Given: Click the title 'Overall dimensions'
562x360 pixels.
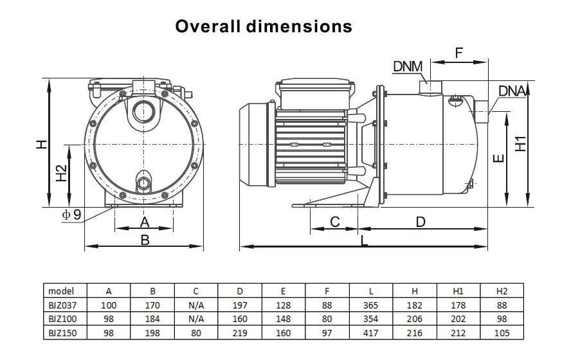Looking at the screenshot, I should (x=264, y=26).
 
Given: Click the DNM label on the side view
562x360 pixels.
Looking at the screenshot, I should (x=408, y=67).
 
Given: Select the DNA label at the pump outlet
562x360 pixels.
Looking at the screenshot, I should (x=512, y=91).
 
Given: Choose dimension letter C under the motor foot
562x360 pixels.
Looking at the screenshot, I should (x=334, y=222).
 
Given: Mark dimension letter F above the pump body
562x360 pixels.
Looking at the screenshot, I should (x=459, y=53).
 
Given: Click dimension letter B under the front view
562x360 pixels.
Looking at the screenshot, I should (x=145, y=240).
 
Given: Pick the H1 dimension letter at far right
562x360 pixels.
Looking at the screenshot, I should (x=521, y=143).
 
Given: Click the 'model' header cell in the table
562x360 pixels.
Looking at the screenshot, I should (x=61, y=291).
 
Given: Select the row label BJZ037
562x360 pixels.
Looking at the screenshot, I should (x=62, y=305).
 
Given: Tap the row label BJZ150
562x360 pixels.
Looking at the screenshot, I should (x=62, y=332).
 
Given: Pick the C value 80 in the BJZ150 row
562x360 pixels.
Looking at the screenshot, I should (x=196, y=332).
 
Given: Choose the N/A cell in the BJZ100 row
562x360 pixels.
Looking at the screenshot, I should (x=196, y=319).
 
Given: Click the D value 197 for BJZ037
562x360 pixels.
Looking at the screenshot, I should (x=240, y=305).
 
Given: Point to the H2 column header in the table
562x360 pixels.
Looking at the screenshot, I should (x=502, y=291).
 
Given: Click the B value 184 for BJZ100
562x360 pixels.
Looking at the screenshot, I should (x=152, y=319).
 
